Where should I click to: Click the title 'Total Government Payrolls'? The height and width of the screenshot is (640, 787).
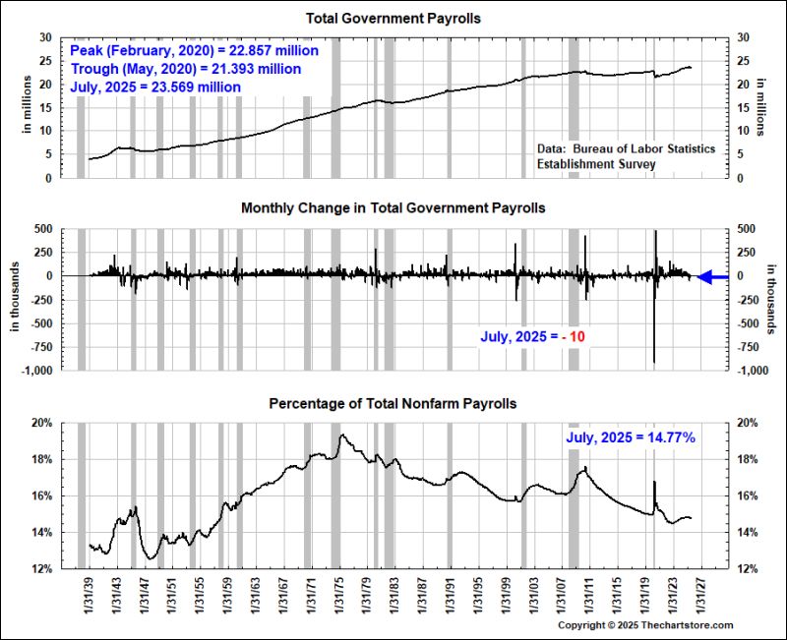pos(393,19)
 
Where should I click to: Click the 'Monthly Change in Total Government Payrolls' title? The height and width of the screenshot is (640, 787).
pos(393,208)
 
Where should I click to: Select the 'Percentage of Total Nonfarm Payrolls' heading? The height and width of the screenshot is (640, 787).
pos(393,404)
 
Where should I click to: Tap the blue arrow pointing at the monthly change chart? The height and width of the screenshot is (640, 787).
pos(712,277)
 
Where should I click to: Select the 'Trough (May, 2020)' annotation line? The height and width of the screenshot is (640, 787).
pos(186,69)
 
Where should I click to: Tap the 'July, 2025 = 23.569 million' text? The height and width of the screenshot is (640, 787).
pos(156,87)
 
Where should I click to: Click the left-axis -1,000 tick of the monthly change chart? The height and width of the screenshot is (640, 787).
pos(47,371)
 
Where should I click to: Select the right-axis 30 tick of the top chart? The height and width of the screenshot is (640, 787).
pos(745,37)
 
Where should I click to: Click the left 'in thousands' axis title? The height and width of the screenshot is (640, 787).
pos(16,299)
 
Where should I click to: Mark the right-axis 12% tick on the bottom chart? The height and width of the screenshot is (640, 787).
pos(750,568)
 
